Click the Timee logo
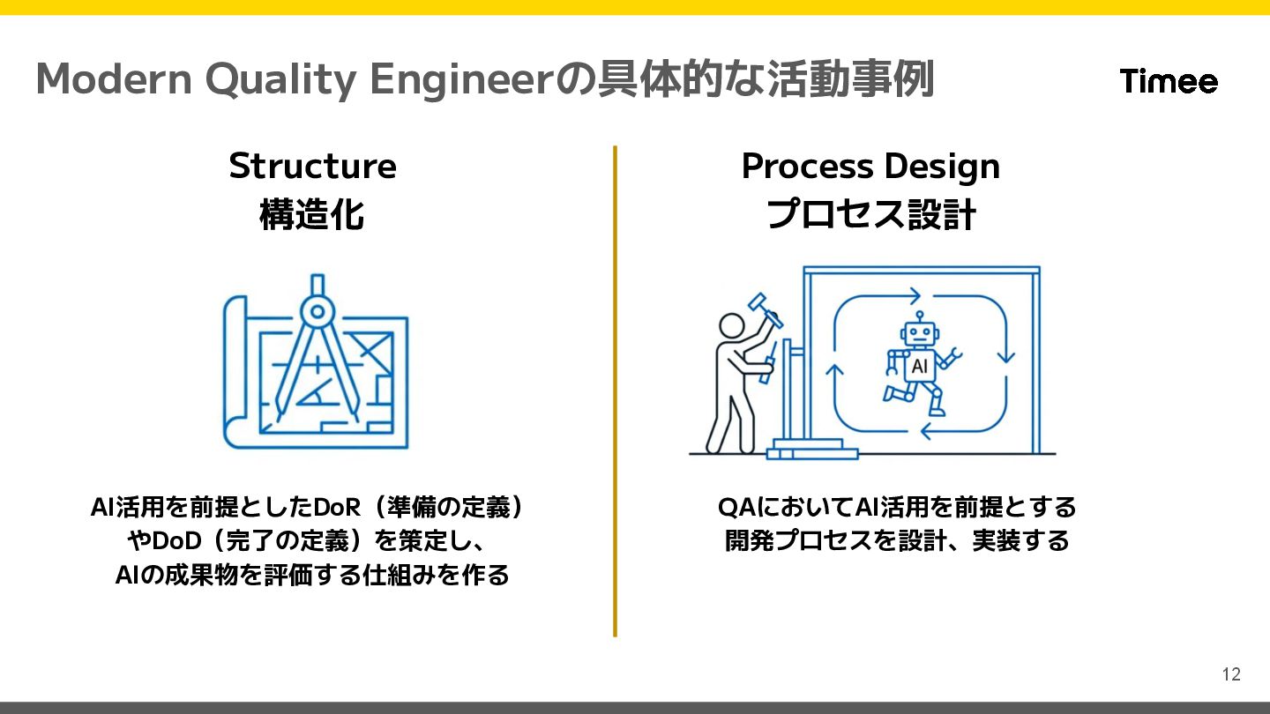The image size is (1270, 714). (x=1169, y=81)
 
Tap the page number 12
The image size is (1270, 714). (x=1231, y=674)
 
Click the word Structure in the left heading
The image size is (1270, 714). (x=312, y=166)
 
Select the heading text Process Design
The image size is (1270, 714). (x=870, y=166)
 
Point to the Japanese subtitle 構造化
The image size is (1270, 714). (x=312, y=214)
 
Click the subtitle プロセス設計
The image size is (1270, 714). (x=870, y=214)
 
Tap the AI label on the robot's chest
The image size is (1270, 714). (x=919, y=366)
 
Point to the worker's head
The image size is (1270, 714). (x=731, y=326)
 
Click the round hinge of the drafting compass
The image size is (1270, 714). (x=315, y=309)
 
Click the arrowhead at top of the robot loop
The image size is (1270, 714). (x=915, y=295)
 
